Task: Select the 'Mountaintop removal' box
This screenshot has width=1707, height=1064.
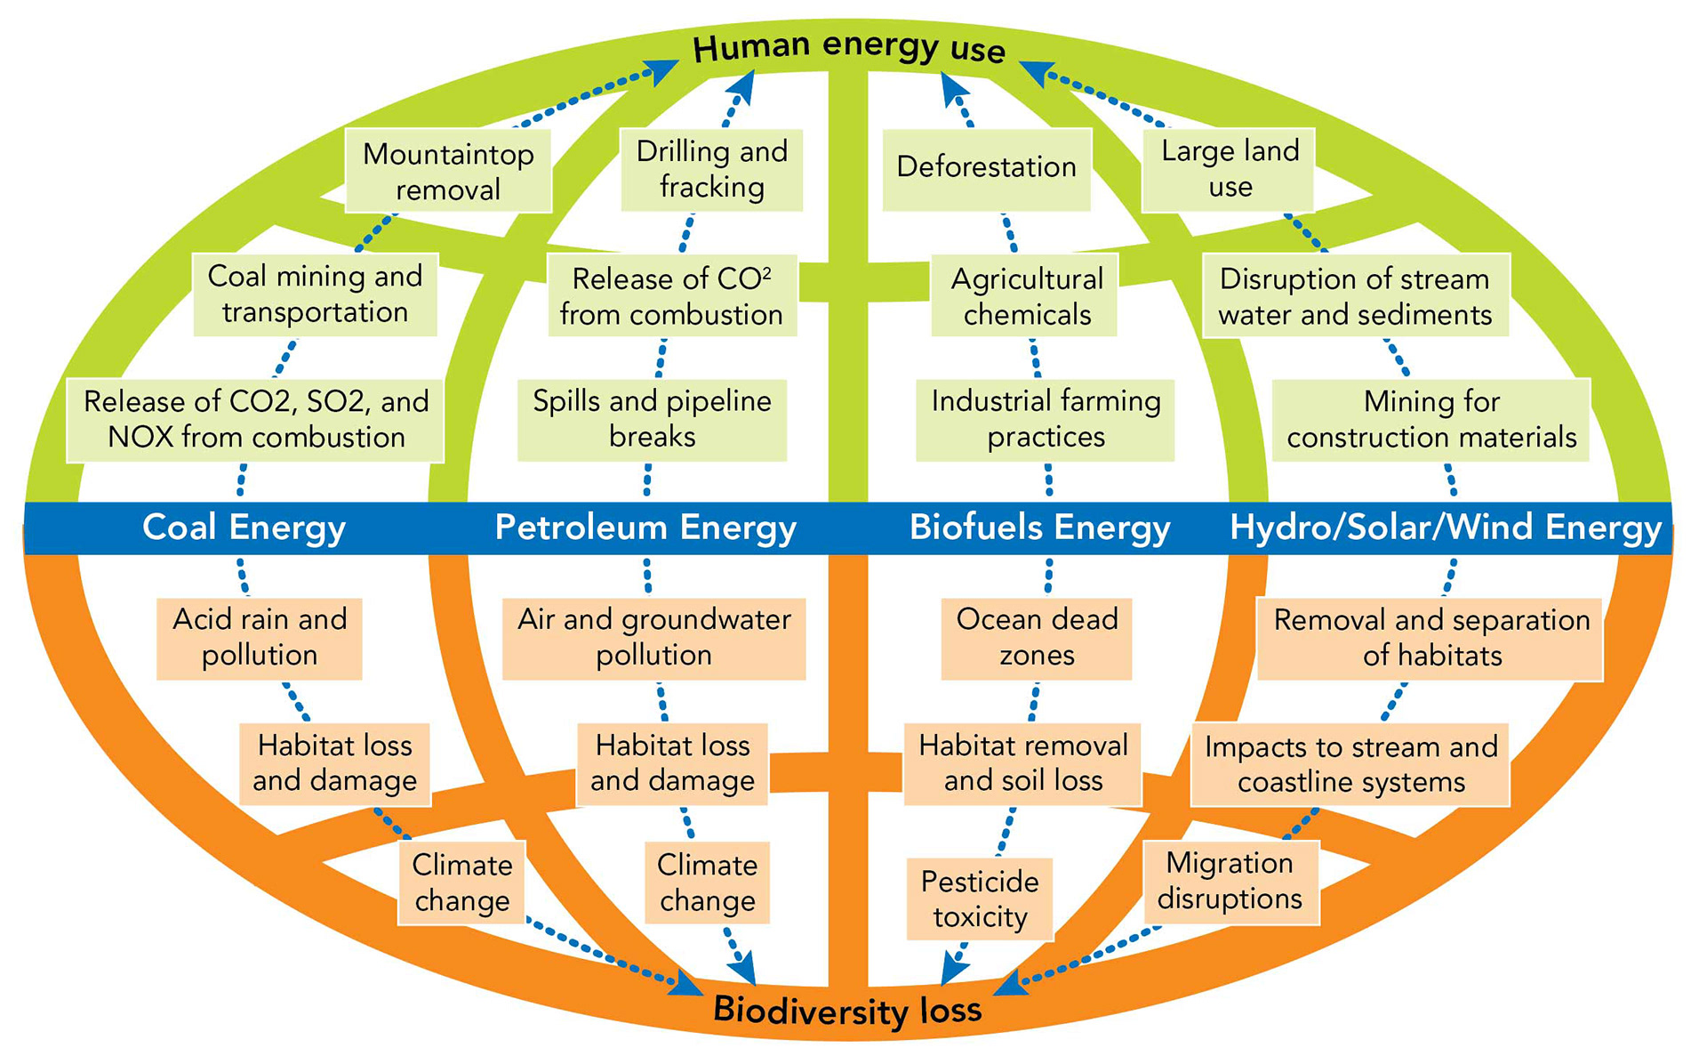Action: [x=448, y=171]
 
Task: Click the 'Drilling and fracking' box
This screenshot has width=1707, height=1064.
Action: [x=711, y=169]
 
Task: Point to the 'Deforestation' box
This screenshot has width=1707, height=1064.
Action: [x=986, y=168]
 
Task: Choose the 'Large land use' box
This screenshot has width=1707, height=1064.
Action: [x=1230, y=169]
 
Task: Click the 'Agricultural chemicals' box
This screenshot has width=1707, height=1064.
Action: [x=1026, y=296]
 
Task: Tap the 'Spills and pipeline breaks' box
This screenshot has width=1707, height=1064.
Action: [x=652, y=419]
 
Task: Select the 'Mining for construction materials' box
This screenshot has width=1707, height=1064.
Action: [x=1431, y=419]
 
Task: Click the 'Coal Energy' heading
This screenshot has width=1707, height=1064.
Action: [x=244, y=528]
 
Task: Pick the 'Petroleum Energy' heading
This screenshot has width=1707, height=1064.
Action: [x=645, y=528]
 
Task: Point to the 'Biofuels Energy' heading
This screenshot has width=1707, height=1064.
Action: [x=1039, y=528]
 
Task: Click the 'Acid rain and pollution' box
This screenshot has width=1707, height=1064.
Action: [x=260, y=637]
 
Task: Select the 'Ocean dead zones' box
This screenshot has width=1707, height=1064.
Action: [x=1037, y=637]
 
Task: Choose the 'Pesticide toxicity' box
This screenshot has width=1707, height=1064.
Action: [x=980, y=899]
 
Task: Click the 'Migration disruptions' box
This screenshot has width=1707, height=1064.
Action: [x=1230, y=881]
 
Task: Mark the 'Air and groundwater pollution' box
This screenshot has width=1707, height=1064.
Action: [x=653, y=637]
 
